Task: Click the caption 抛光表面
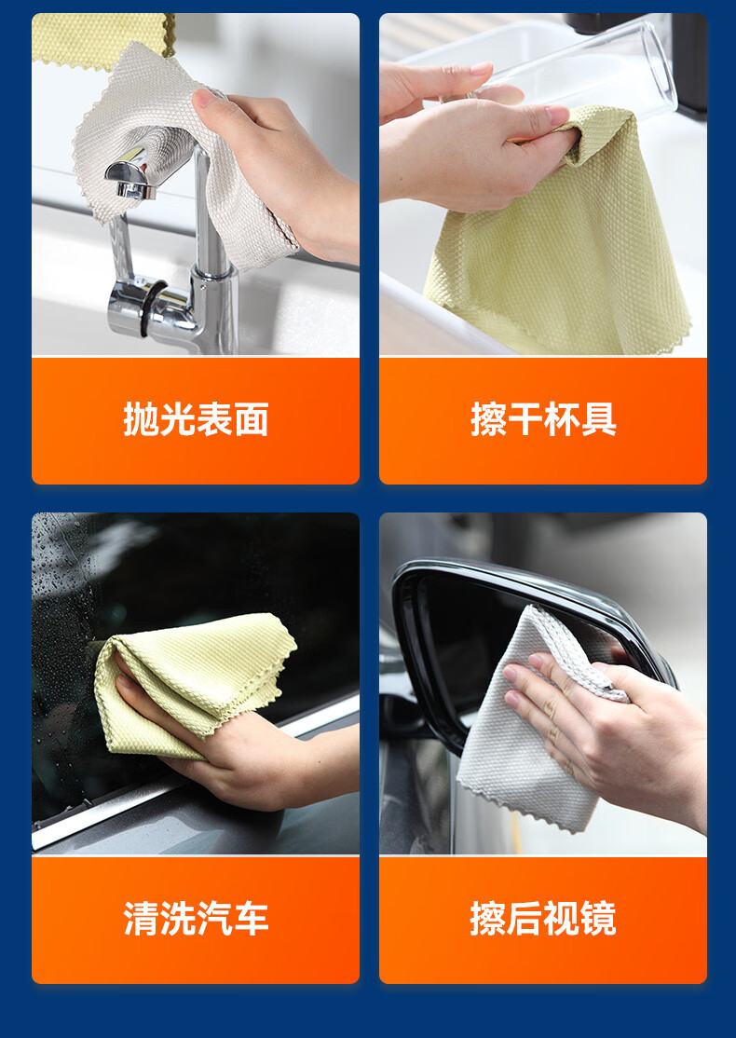coord(196,419)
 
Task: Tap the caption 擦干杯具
coord(543,419)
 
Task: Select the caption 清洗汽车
coord(196,919)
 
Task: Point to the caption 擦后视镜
coord(543,919)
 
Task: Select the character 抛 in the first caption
coord(141,419)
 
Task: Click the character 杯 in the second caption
coord(562,419)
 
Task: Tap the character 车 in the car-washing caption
coord(251,919)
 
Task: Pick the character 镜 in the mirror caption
coord(598,919)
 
